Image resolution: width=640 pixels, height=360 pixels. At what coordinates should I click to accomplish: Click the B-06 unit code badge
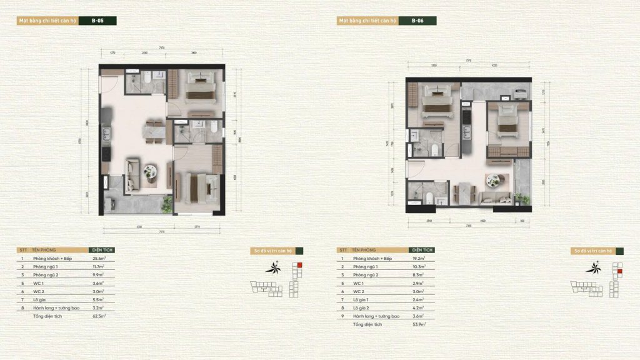click(417, 21)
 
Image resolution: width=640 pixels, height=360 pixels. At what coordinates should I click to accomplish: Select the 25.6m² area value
click(98, 258)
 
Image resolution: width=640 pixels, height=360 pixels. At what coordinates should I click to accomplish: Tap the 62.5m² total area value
click(98, 317)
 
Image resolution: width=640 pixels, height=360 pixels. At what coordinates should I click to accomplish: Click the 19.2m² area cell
click(419, 258)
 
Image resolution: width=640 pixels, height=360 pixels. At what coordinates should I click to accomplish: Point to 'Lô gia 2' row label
click(363, 308)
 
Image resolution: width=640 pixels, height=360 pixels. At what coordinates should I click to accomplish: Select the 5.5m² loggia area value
click(98, 300)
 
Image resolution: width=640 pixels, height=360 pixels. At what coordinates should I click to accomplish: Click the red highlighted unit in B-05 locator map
click(299, 265)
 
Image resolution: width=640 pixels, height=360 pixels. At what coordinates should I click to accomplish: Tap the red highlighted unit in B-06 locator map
click(619, 271)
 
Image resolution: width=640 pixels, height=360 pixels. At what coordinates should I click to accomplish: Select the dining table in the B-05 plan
click(154, 131)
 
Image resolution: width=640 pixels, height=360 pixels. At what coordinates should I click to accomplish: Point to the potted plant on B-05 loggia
click(166, 203)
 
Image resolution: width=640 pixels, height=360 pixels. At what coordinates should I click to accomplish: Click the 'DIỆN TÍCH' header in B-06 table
click(419, 250)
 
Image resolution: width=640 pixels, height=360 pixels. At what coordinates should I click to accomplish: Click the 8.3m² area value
click(419, 275)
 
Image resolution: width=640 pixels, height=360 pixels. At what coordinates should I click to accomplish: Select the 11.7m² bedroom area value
click(98, 266)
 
